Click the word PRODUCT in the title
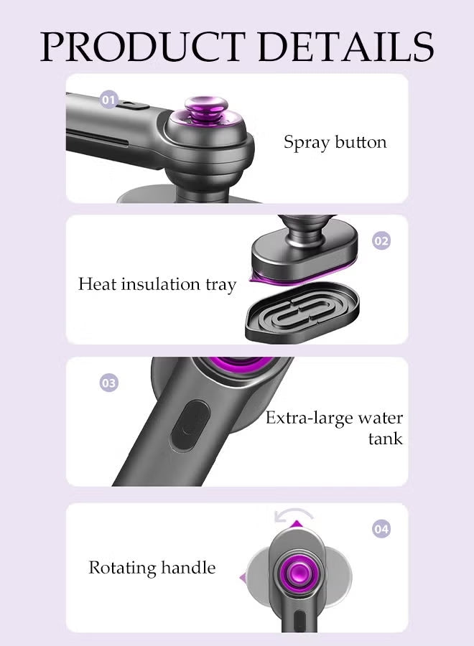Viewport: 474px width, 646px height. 143,46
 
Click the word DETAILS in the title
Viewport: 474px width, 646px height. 346,46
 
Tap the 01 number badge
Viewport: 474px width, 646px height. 109,100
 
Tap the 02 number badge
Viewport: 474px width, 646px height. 381,240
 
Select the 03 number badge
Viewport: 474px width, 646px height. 109,383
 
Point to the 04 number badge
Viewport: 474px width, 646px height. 381,528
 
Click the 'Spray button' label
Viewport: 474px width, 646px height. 335,142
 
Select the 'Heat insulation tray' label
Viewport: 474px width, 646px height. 157,284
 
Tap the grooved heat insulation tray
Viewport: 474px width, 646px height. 302,312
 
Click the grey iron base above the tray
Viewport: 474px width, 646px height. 305,251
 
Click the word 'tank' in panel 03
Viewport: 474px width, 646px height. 386,439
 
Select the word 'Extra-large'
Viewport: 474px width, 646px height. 309,418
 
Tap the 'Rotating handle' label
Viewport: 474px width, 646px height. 152,568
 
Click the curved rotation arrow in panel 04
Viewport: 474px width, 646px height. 294,512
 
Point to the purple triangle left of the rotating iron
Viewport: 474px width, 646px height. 243,578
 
